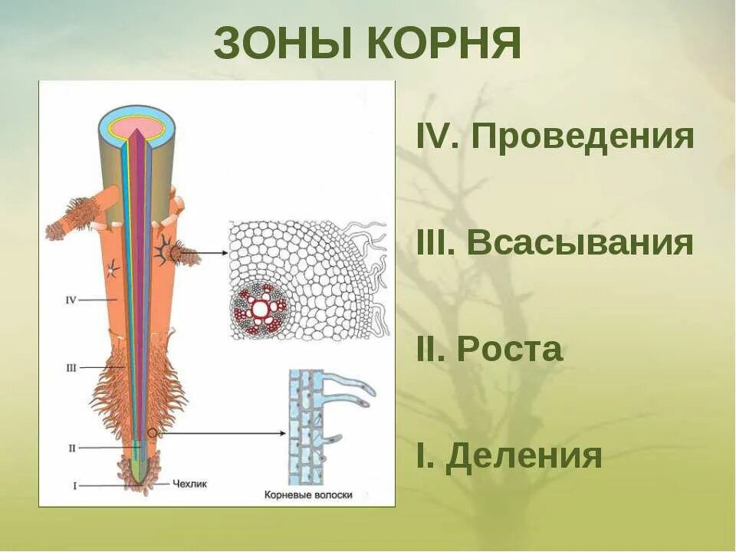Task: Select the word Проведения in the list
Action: [583, 137]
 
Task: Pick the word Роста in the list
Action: [510, 350]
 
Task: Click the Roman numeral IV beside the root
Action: [71, 300]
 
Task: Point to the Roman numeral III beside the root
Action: [71, 368]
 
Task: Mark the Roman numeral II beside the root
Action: [71, 448]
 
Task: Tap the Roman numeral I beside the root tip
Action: [74, 485]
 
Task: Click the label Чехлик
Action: [190, 484]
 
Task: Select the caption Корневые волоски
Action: [307, 495]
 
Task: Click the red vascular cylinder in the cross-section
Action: [261, 309]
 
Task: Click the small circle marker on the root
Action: [153, 433]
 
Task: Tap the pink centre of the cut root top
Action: [137, 126]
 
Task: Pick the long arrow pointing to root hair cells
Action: [222, 433]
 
